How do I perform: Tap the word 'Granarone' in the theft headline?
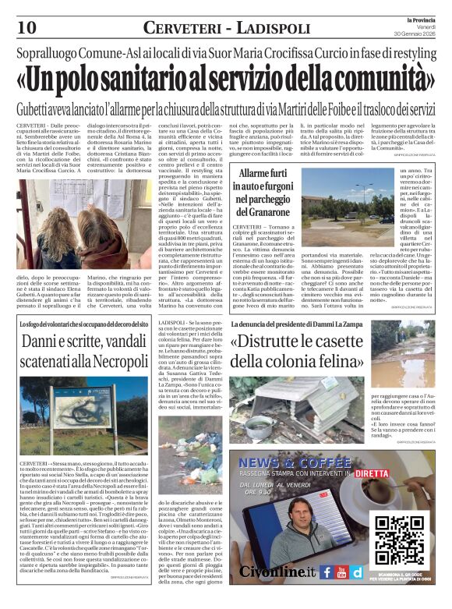click(265, 211)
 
